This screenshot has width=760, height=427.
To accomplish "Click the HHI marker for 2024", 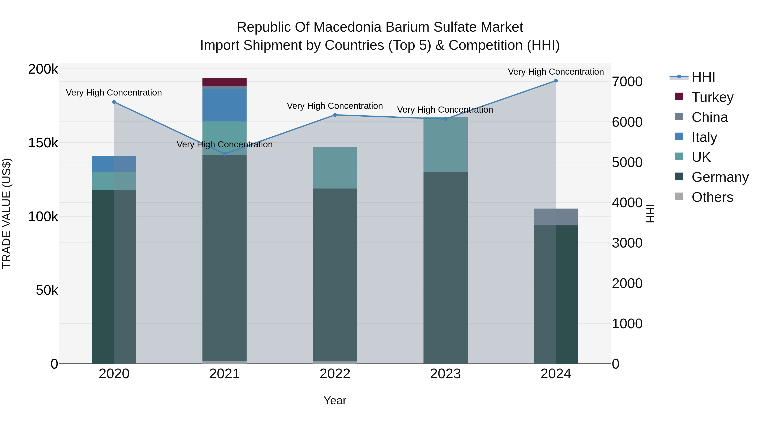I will [x=556, y=81].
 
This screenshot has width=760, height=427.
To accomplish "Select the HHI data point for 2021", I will [x=225, y=154].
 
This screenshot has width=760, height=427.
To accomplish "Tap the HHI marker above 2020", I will [x=114, y=102].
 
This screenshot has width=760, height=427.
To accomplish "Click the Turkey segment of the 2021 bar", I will [x=225, y=82].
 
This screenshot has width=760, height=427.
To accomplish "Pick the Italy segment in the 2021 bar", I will [x=225, y=105].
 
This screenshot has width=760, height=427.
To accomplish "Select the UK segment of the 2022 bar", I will [x=335, y=167].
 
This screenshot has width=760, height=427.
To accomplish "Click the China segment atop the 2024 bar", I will [x=556, y=217].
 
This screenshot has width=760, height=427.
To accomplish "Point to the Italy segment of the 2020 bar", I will [x=114, y=164].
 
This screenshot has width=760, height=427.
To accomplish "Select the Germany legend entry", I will [x=720, y=177].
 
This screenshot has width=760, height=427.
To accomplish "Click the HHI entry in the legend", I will [x=703, y=77].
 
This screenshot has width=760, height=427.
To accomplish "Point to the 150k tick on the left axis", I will [x=43, y=143].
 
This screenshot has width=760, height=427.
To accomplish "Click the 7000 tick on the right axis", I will [x=627, y=82].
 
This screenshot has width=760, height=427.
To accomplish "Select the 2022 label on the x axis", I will [x=335, y=374].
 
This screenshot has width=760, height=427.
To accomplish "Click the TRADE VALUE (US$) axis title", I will [x=7, y=213].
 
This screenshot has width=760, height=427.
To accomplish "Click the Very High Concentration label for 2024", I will [x=556, y=72].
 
